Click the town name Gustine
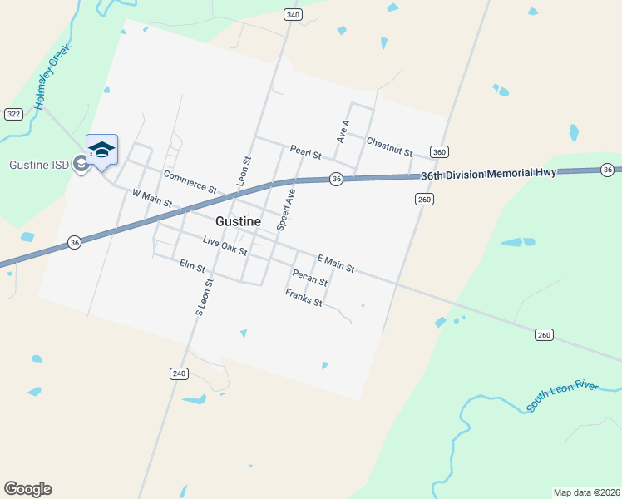238,222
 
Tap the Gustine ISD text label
39,164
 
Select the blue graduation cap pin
101,150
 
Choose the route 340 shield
292,15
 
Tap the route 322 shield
13,113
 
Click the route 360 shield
440,151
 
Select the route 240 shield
179,373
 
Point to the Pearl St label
306,152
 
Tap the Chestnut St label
389,147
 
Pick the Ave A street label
343,131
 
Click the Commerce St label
190,182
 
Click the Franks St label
304,298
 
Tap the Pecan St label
309,278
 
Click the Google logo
27,489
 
